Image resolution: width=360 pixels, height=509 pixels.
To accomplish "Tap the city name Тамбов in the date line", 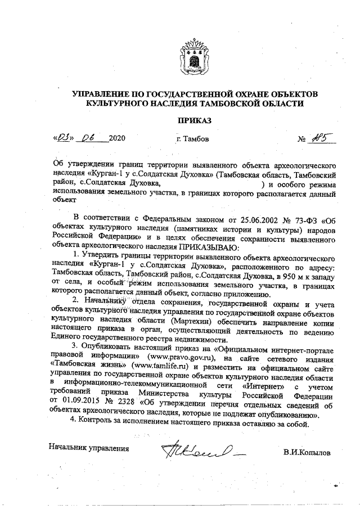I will click(x=193, y=138).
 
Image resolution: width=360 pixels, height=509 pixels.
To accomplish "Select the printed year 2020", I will click(x=116, y=138).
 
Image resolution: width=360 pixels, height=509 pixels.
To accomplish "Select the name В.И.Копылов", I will click(x=308, y=452).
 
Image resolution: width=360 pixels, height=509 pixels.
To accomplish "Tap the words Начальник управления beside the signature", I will click(x=89, y=448).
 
